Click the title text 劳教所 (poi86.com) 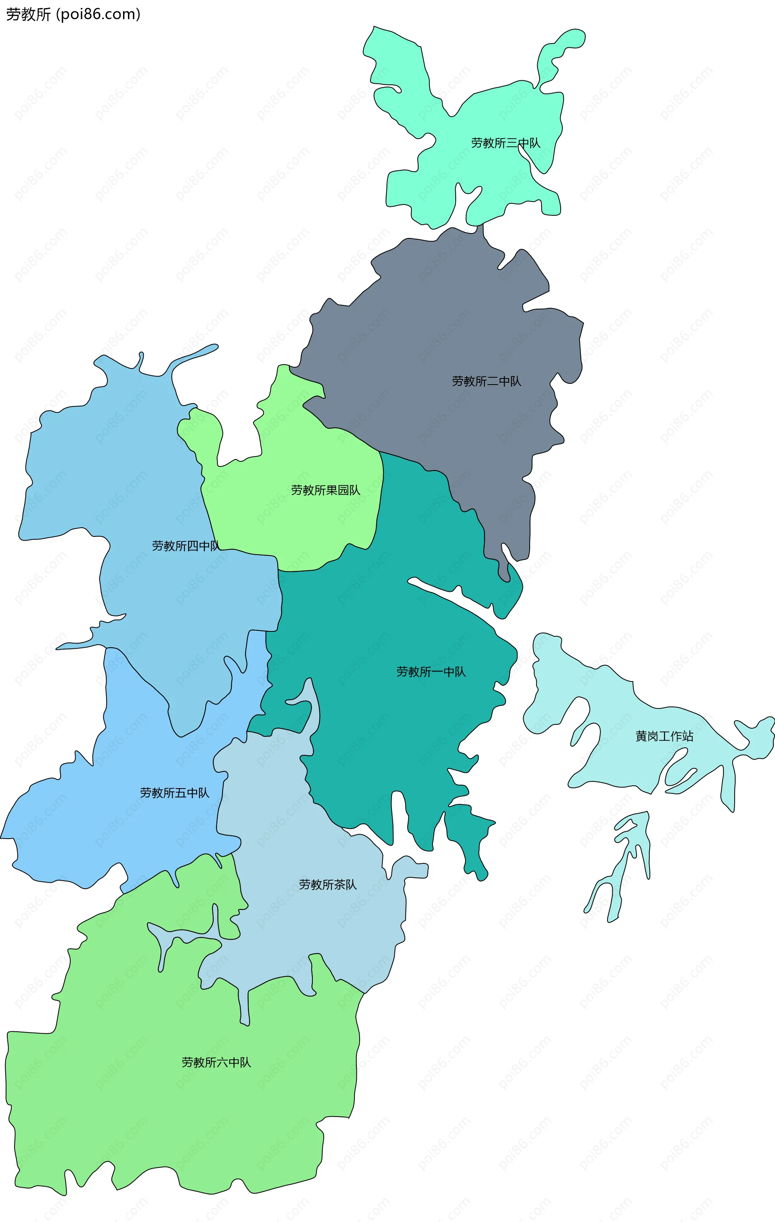point(73,14)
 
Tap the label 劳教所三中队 point(505,143)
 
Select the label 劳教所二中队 point(486,381)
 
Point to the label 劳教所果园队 point(325,490)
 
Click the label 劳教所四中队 point(186,546)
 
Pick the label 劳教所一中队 point(431,672)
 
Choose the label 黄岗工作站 point(664,736)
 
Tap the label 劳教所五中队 point(174,793)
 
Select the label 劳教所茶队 point(328,885)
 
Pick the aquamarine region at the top point(487,111)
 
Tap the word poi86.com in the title point(99,14)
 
